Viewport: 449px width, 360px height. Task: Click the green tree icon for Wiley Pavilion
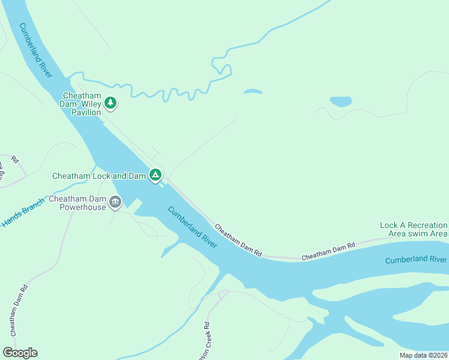point(110,103)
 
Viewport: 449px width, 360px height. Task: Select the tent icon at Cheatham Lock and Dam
point(155,175)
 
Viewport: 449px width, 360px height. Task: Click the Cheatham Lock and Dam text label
point(99,176)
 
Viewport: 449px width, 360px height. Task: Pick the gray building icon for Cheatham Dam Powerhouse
point(115,203)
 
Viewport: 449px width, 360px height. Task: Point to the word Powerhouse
point(82,208)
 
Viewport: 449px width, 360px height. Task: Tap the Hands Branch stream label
point(23,212)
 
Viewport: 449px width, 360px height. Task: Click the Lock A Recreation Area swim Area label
point(414,229)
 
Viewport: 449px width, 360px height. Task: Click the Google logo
point(20,353)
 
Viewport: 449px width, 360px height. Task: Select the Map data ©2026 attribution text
point(423,355)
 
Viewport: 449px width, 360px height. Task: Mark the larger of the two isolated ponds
point(341,101)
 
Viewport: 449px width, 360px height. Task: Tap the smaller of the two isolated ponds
point(253,92)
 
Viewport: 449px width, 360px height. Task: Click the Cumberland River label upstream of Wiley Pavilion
point(36,50)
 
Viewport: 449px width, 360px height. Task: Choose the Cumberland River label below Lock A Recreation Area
point(415,259)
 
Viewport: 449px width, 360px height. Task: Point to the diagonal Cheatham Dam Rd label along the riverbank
point(238,241)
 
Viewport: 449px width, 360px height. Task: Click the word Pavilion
point(87,112)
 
